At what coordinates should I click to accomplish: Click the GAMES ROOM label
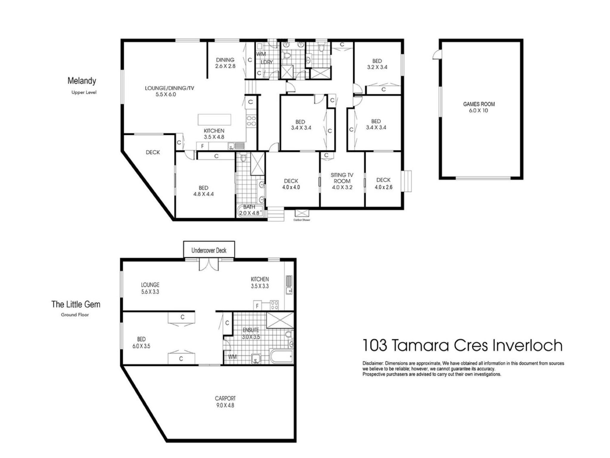[479, 107]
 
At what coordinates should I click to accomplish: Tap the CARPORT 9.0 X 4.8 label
[225, 402]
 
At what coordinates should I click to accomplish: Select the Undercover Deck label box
[209, 249]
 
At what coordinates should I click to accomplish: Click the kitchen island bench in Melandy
[214, 120]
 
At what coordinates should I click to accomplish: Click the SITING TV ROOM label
[342, 181]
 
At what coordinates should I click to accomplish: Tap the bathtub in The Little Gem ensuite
[281, 356]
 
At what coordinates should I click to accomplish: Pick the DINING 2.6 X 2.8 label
[225, 63]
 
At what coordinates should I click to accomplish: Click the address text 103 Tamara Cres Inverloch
[463, 345]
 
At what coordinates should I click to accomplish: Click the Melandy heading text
[82, 81]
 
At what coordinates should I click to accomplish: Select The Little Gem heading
[76, 304]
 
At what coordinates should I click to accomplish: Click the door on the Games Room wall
[437, 55]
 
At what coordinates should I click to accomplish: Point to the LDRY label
[267, 62]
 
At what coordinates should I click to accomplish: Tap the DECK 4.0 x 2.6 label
[383, 183]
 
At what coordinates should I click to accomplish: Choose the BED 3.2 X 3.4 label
[377, 64]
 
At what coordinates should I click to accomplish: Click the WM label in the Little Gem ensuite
[232, 357]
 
